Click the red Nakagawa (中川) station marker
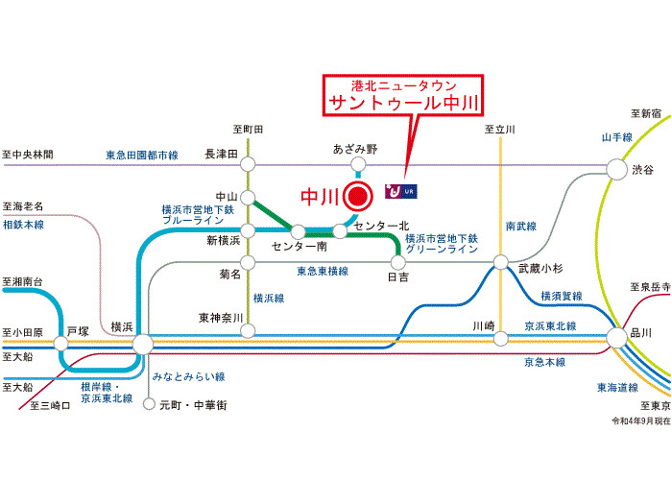point(357,196)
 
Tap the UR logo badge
point(400,191)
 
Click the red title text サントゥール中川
point(403,104)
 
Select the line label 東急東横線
point(323,272)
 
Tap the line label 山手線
point(617,137)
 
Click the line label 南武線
point(521,227)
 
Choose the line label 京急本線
point(544,362)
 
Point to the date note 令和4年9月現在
point(640,421)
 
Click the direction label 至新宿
point(646,113)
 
